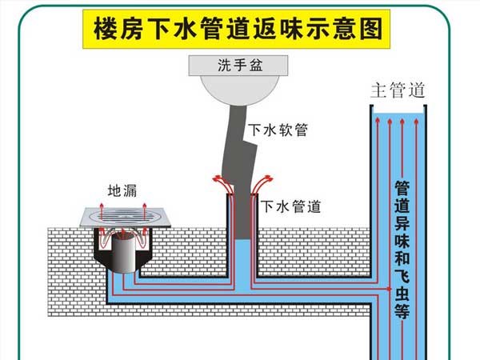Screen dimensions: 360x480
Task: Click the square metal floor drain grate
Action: point(123,217)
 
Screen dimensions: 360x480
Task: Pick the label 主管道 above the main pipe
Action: point(397,90)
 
